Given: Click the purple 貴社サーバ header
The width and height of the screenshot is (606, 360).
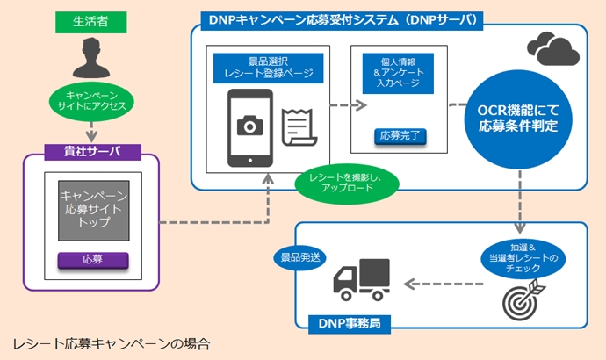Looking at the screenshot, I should pos(93,150).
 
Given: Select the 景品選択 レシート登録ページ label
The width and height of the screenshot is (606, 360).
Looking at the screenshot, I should pos(267,68).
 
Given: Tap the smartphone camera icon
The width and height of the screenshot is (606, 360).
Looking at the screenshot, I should pos(249,128).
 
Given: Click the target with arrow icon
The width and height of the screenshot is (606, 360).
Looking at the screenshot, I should pos(522,298).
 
